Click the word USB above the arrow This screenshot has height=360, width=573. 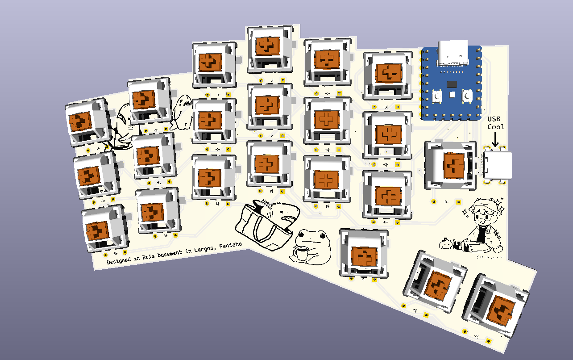(x=494, y=119)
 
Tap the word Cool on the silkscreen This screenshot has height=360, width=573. (x=495, y=127)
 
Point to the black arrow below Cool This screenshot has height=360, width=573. (x=495, y=138)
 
